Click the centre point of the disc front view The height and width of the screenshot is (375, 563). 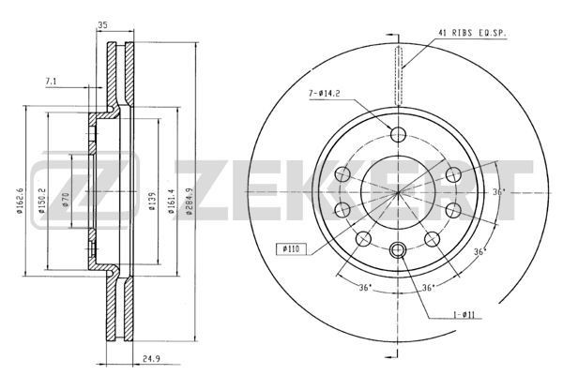pyautogui.click(x=397, y=191)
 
